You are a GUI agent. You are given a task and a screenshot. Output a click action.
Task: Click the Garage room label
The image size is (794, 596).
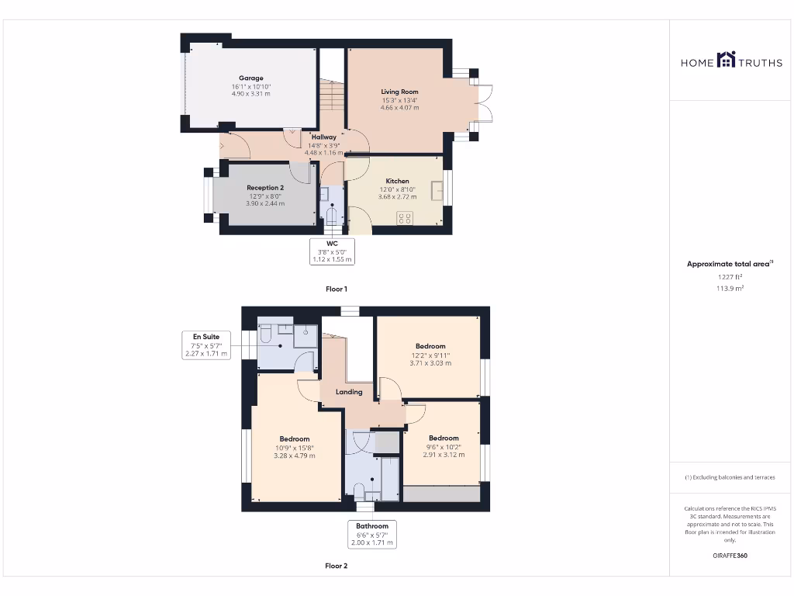[x=250, y=78]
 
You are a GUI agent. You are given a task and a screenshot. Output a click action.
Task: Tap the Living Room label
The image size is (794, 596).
[x=399, y=92]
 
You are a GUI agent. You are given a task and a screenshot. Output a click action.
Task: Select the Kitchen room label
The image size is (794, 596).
[x=397, y=181]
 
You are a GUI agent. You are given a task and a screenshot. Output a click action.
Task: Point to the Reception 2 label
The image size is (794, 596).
[x=265, y=188]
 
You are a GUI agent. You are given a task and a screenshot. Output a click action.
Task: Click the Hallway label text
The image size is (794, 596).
[x=323, y=137]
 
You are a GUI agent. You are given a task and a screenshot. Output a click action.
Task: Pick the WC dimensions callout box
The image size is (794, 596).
[x=332, y=251]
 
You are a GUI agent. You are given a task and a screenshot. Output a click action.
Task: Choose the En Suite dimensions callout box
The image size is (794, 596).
[x=206, y=345]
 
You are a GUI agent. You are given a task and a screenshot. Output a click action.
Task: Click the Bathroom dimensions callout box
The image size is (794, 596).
[x=372, y=534]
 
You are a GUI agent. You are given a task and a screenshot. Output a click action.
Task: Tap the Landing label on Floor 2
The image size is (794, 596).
[x=349, y=392]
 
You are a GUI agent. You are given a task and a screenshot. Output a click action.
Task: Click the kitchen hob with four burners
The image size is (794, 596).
[x=404, y=218]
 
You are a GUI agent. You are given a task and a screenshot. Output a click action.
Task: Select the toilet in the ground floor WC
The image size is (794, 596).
[x=332, y=213]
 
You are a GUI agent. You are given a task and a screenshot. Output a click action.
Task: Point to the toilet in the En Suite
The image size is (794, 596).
[x=265, y=334]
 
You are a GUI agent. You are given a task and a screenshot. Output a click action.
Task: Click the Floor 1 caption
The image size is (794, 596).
[x=336, y=289]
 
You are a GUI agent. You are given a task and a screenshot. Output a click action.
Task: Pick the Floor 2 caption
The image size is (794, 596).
[x=336, y=566]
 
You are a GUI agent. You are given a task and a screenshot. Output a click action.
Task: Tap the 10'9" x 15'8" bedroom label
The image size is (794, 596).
[x=295, y=447]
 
